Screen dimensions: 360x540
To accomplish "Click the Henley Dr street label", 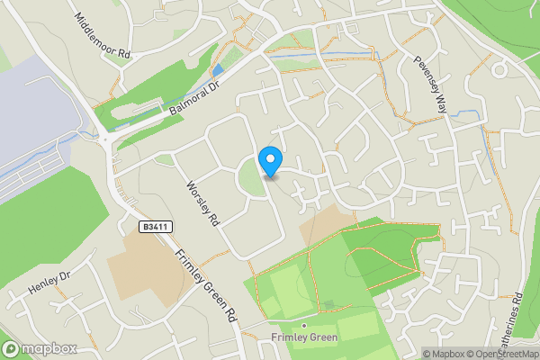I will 49,285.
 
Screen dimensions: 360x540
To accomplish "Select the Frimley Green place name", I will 304,338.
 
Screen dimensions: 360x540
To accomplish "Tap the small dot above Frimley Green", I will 304,325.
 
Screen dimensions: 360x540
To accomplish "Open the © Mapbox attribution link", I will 444,354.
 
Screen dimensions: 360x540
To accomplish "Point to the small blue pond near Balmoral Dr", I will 218,70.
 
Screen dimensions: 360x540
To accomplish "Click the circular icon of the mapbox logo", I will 11,349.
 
